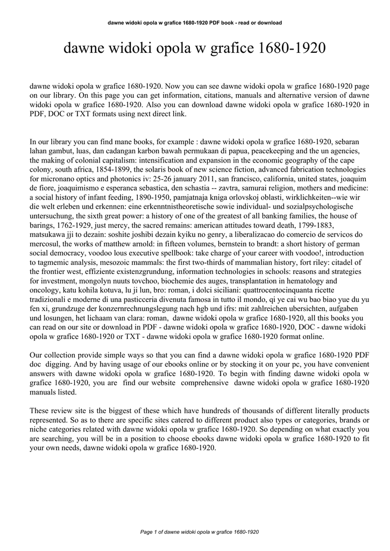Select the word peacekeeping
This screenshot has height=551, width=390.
click(275, 151)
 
